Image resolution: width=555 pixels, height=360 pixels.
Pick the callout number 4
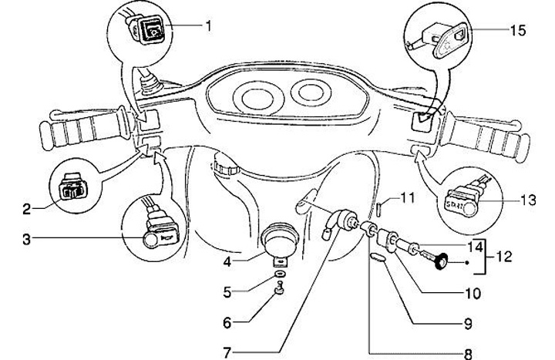click(228, 261)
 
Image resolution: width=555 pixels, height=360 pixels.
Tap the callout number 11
click(407, 198)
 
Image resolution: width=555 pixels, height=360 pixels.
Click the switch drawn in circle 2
click(75, 190)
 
